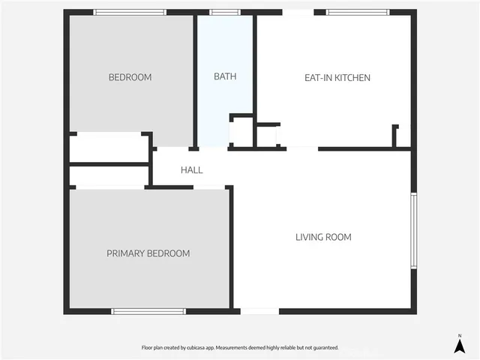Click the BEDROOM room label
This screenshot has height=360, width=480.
coord(130,77)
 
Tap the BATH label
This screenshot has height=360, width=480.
coord(225,76)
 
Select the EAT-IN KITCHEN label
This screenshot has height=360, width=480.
coord(337,77)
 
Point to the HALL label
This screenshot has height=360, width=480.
coord(191,170)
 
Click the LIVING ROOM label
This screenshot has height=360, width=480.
coord(323,237)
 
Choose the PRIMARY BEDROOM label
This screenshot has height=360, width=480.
coord(148,253)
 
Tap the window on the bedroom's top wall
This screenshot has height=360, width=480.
coord(130,12)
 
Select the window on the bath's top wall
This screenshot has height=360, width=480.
coord(225,12)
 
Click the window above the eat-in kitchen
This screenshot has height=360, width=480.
coord(358,12)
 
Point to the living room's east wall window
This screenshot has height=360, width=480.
coord(412,231)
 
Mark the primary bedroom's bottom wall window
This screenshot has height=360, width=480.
coord(148,311)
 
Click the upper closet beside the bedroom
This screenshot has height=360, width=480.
coord(109,148)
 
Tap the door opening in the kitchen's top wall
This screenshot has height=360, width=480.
coord(298,12)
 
